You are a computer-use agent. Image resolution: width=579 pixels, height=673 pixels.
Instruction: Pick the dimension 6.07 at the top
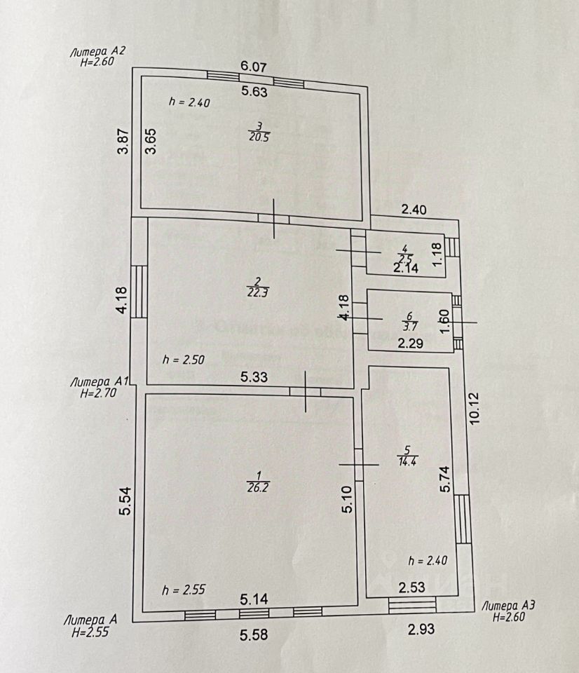254,66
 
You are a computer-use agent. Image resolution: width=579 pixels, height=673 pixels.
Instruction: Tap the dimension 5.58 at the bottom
254,634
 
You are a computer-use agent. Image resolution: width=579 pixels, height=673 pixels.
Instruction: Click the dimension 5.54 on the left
125,501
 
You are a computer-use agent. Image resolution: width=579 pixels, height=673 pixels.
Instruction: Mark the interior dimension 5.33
254,377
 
